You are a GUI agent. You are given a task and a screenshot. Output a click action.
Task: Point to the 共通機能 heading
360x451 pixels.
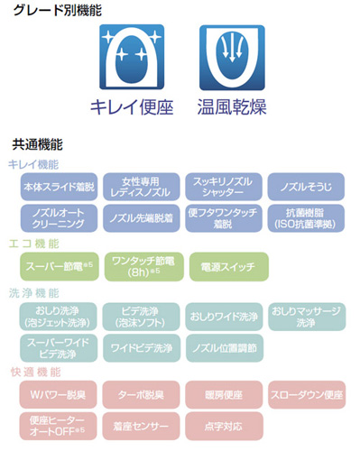[x=37, y=143]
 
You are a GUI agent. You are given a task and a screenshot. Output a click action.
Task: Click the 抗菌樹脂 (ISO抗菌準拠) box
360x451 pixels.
[x=304, y=217]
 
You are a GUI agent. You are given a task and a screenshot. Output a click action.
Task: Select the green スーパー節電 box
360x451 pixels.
[x=57, y=266]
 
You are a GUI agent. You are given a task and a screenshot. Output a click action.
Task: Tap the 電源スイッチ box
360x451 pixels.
[x=222, y=266]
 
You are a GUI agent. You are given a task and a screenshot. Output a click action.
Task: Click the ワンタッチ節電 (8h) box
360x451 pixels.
[x=140, y=265]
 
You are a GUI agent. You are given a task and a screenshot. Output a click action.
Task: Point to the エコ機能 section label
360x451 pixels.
[x=34, y=244]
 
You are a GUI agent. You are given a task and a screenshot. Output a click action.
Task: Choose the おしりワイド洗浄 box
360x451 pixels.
[x=222, y=317]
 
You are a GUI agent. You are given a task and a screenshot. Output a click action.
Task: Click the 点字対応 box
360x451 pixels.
[x=222, y=425]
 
